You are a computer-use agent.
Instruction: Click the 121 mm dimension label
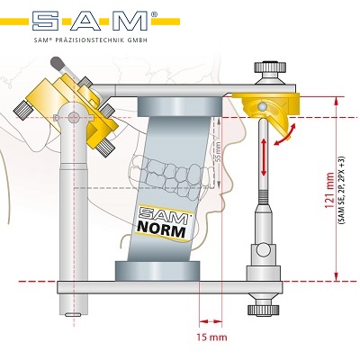pos(329,191)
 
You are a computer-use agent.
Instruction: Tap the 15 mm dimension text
pos(211,337)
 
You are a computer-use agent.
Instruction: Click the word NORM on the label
pos(161,230)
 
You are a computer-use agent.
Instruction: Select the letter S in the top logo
pos(46,21)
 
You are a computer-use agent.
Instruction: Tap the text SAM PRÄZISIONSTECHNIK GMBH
pos(90,40)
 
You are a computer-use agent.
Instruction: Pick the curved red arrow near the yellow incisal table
pos(284,137)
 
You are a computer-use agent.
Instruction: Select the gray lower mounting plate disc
pos(157,271)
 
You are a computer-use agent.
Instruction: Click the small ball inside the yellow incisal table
pos(263,106)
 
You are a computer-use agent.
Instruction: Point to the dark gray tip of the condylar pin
pos(56,63)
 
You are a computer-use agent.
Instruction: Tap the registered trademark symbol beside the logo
pos(154,13)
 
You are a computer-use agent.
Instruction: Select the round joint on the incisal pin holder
pos(263,250)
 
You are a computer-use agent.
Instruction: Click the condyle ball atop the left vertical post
pos(73,117)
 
